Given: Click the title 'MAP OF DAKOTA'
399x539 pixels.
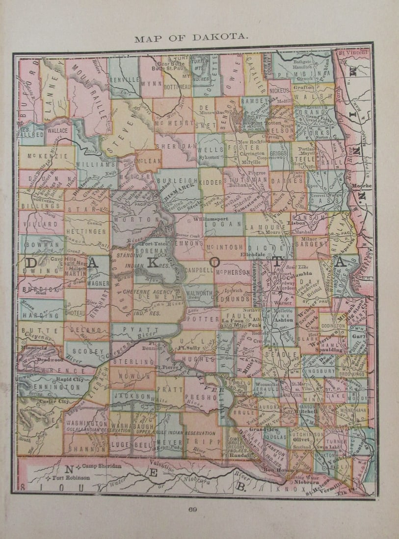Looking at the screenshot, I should (x=191, y=39).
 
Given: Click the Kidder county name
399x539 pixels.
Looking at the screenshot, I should (x=212, y=182).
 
